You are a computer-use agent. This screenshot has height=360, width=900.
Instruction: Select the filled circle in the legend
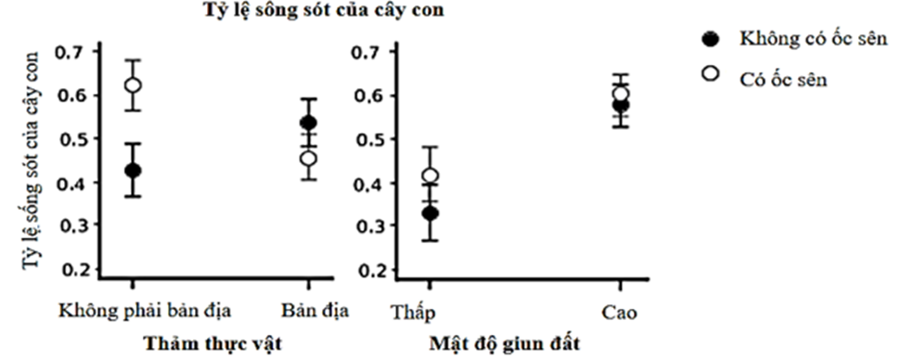pos(712,39)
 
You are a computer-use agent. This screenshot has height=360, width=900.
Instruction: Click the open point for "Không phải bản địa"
pos(133,85)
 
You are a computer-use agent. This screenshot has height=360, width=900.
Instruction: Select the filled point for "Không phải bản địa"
pos(133,171)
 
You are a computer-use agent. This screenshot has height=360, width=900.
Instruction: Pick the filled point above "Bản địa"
pos(308,122)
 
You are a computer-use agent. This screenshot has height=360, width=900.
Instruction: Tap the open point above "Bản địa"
pos(308,158)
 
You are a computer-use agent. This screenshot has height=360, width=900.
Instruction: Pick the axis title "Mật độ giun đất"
pos(505,344)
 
